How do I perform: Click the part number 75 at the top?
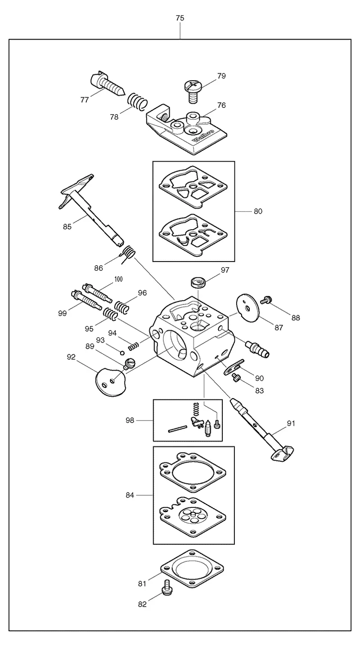(x=180, y=18)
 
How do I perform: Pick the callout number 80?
(x=258, y=212)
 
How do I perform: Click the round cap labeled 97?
(x=198, y=281)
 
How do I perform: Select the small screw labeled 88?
(x=265, y=300)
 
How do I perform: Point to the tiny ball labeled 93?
(x=122, y=353)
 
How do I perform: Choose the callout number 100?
(x=118, y=279)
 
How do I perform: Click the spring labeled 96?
(x=121, y=307)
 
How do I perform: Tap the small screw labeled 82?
(x=166, y=588)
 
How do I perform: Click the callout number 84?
(x=130, y=495)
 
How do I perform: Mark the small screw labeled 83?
(x=235, y=377)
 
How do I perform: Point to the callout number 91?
(x=291, y=423)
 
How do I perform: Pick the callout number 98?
(x=130, y=420)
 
